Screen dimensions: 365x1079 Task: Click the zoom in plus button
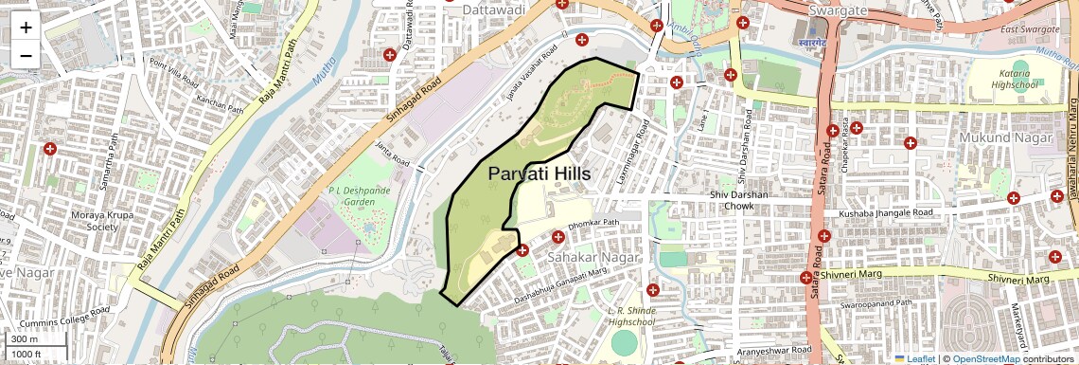pos(26,27)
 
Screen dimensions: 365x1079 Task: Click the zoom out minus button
pos(26,55)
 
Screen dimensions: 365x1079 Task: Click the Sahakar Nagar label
pos(593,257)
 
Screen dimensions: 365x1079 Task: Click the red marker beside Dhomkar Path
pos(557,236)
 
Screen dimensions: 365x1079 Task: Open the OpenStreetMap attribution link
pos(985,359)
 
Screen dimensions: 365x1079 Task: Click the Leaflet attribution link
pos(918,359)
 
